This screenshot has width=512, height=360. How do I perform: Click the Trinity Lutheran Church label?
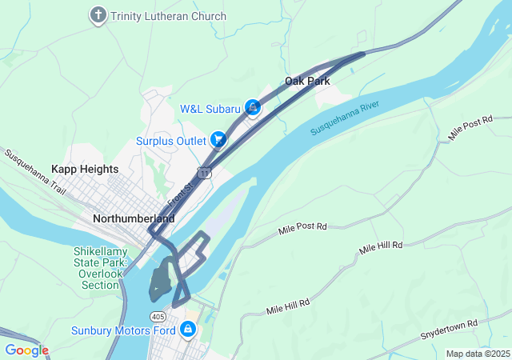pyautogui.click(x=169, y=16)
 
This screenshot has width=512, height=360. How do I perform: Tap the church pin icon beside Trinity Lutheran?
pyautogui.click(x=98, y=15)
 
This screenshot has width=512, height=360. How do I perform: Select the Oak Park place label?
pyautogui.click(x=308, y=81)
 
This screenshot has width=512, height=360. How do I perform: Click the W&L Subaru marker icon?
pyautogui.click(x=253, y=106)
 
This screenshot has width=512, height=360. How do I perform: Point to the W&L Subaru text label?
pyautogui.click(x=210, y=109)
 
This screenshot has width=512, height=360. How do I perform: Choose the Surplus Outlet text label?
pyautogui.click(x=171, y=141)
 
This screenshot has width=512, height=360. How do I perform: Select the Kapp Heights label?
pyautogui.click(x=85, y=169)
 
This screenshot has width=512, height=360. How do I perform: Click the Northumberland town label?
pyautogui.click(x=134, y=218)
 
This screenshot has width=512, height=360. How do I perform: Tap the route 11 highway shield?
pyautogui.click(x=206, y=173)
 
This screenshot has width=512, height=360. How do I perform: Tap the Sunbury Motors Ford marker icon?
pyautogui.click(x=187, y=329)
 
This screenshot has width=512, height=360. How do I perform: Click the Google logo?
pyautogui.click(x=26, y=350)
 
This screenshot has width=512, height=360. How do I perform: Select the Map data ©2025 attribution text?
pyautogui.click(x=477, y=354)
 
